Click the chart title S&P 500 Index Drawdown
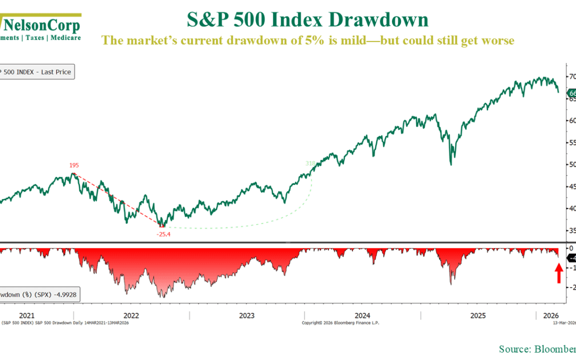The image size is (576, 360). click(x=308, y=20)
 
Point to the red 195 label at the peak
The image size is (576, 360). click(x=74, y=165)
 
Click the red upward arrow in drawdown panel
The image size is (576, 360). click(x=558, y=274)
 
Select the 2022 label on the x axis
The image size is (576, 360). click(x=131, y=315)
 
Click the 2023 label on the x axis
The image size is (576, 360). click(x=247, y=315)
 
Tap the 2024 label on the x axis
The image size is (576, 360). click(x=363, y=315)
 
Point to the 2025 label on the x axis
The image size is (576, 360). click(x=478, y=315)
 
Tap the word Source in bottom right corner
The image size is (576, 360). click(x=514, y=349)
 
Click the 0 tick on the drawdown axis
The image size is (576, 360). click(x=571, y=249)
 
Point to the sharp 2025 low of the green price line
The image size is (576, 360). click(x=451, y=164)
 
